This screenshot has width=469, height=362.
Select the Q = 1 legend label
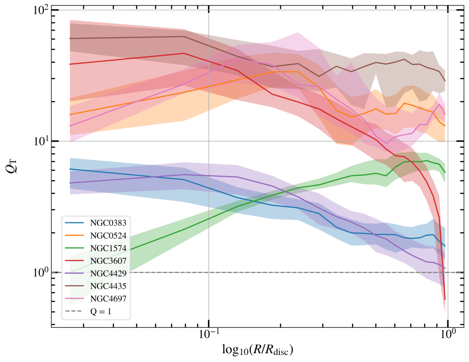tap(100, 312)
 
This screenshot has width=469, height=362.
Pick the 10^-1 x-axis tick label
tap(208, 336)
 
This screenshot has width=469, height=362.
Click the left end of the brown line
tap(70, 39)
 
